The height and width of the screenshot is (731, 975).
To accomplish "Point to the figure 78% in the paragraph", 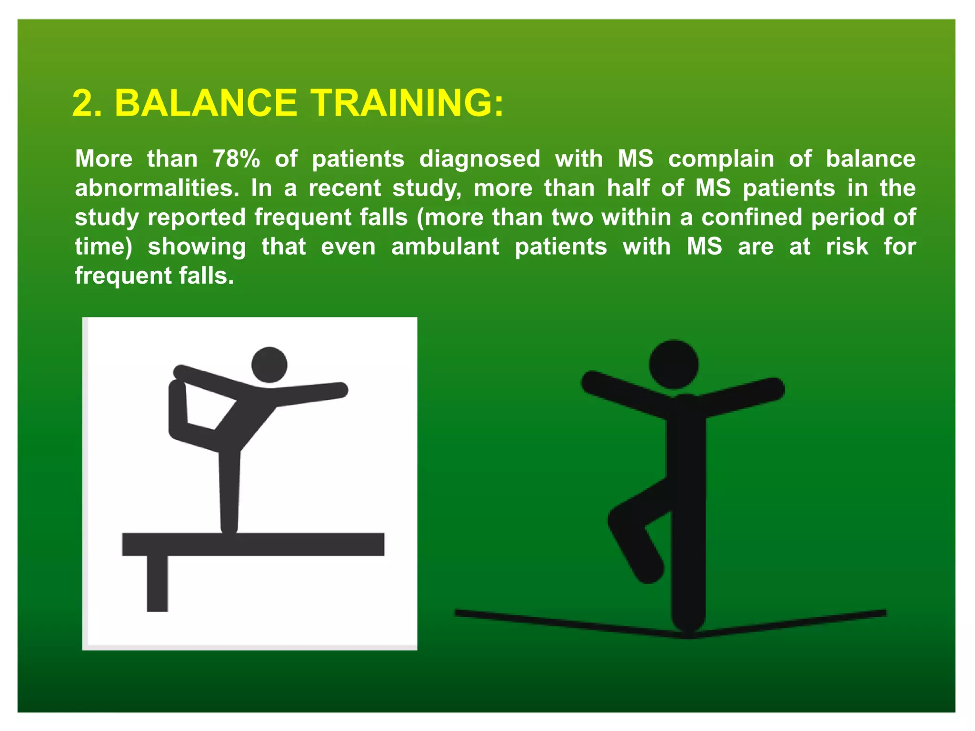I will point(236,159).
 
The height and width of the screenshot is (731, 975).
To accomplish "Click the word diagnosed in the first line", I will point(479,159).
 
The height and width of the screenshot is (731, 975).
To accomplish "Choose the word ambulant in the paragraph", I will point(445,247).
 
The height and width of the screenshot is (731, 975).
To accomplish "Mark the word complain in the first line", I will point(721,159).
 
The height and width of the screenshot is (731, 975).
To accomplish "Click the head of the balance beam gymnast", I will point(269,365).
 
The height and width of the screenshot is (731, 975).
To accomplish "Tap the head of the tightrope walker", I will point(674,365).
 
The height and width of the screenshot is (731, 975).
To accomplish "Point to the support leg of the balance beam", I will point(157,583).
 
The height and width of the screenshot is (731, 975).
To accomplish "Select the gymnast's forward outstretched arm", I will point(309,395).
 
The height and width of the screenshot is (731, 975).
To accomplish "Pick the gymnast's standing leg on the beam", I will point(229,490).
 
